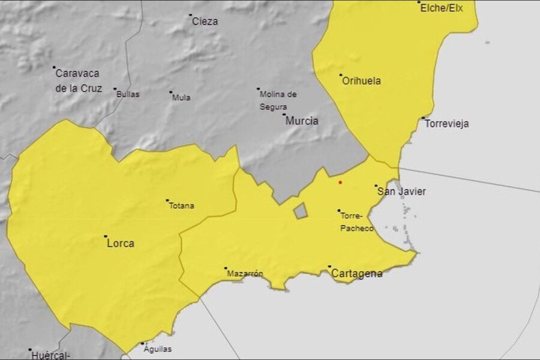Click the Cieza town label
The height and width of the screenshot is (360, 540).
click(205, 22)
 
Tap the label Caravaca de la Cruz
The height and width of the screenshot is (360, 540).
click(77, 81)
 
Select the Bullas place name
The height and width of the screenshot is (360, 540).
click(128, 94)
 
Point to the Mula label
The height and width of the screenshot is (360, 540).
click(181, 97)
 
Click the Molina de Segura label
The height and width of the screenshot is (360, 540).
click(278, 100)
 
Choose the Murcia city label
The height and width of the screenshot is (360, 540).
click(302, 121)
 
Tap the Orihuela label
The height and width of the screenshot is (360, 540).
click(361, 81)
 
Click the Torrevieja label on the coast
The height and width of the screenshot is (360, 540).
click(446, 124)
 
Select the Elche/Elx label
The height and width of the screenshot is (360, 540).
click(442, 8)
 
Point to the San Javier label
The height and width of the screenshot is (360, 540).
click(401, 191)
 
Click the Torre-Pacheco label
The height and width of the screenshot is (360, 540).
click(356, 222)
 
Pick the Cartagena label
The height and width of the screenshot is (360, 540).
click(357, 274)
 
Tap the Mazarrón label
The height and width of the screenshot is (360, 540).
click(245, 274)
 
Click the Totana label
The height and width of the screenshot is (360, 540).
click(181, 206)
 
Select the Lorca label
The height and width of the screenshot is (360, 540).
click(120, 244)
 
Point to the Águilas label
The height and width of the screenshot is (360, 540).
click(158, 349)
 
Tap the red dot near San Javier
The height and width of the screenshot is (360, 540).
click(340, 182)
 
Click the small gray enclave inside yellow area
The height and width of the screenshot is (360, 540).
click(300, 211)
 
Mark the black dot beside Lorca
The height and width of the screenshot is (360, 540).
click(106, 236)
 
